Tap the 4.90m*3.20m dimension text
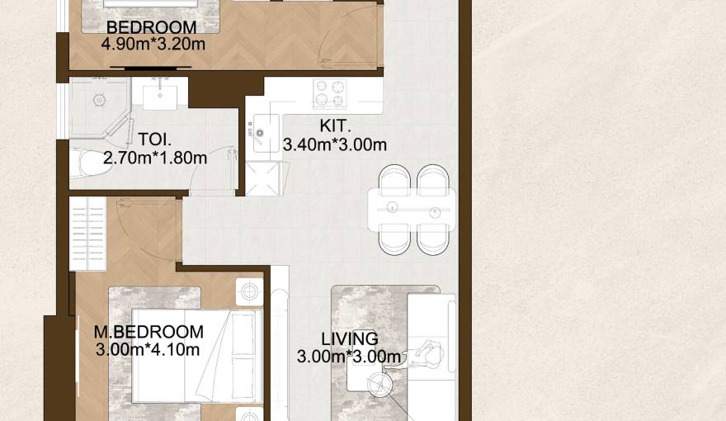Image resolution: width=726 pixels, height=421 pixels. [x=153, y=44]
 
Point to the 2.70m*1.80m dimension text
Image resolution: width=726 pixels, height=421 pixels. [x=155, y=157]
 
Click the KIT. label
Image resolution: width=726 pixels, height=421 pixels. [x=336, y=127]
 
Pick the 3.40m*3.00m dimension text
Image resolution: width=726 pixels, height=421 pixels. [x=335, y=144]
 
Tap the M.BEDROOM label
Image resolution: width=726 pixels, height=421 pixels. [x=148, y=332]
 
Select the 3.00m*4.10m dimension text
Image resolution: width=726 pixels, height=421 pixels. [x=148, y=349]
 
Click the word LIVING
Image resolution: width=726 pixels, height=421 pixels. [x=349, y=338]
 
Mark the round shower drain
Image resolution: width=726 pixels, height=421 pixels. [x=99, y=101]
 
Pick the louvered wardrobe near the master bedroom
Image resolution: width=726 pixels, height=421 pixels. [x=87, y=234]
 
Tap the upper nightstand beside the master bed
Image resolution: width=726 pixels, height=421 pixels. [x=249, y=291]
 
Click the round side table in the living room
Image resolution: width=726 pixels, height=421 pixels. [x=381, y=385]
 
